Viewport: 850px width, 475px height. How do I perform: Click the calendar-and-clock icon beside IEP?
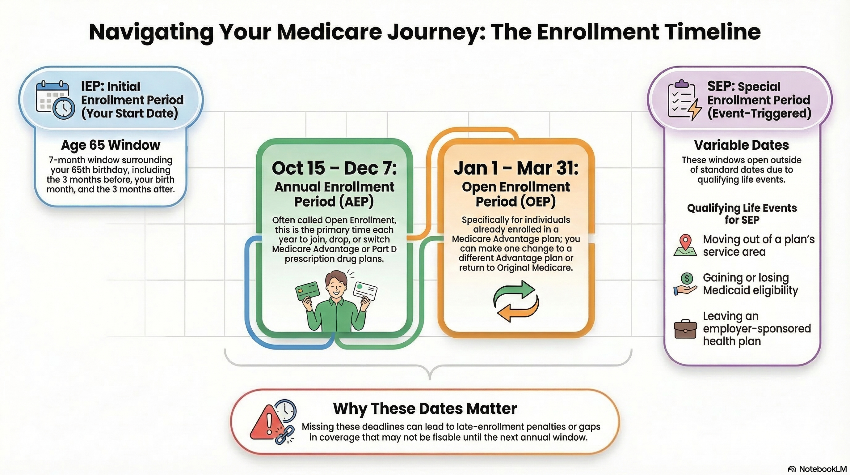coord(55,99)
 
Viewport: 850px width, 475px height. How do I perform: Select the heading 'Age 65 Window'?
coord(111,145)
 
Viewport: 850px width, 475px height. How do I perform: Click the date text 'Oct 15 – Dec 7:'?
coord(334,168)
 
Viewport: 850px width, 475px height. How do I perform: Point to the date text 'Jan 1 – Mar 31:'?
coord(516,168)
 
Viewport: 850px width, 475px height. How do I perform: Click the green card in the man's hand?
coord(308,291)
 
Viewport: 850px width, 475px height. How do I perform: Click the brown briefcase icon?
coord(685,329)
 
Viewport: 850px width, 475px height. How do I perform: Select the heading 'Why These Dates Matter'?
coord(425,409)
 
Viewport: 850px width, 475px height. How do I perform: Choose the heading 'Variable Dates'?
coord(742,145)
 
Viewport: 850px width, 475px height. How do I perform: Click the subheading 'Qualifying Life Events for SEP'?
coord(742,214)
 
